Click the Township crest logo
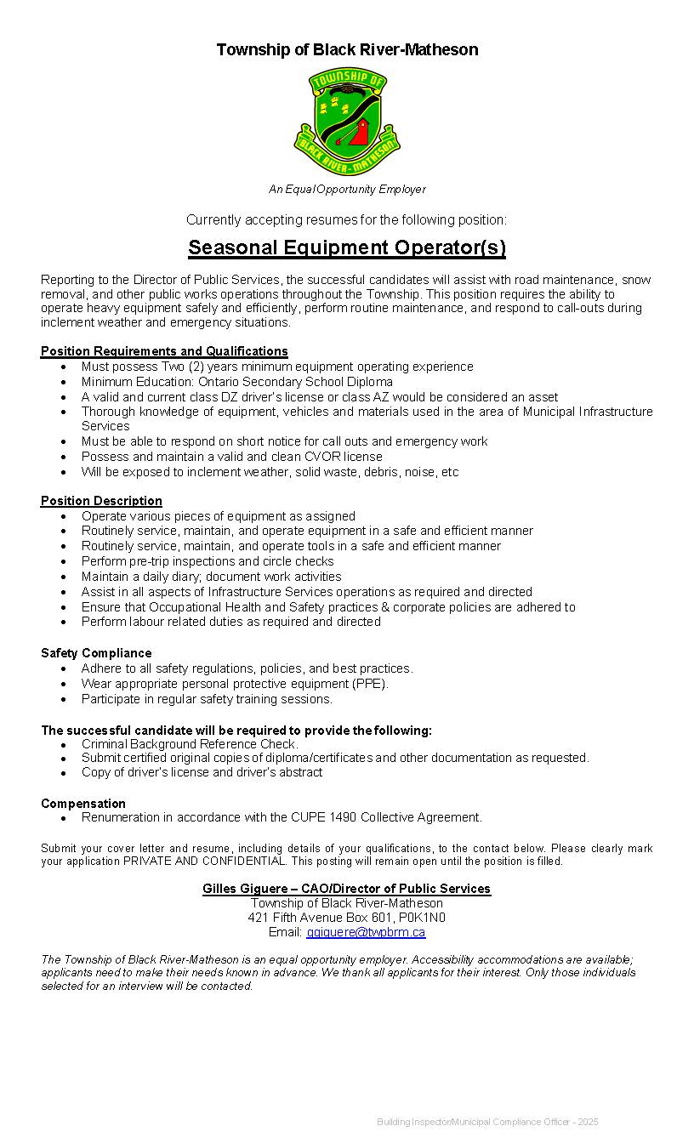[347, 122]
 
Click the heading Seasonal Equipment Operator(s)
[347, 247]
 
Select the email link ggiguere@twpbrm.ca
[366, 933]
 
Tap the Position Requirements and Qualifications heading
[164, 351]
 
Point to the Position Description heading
[101, 501]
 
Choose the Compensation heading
[83, 804]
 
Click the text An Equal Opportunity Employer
[347, 190]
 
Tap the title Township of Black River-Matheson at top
[347, 50]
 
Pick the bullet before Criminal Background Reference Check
[64, 745]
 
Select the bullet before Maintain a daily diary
[64, 577]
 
